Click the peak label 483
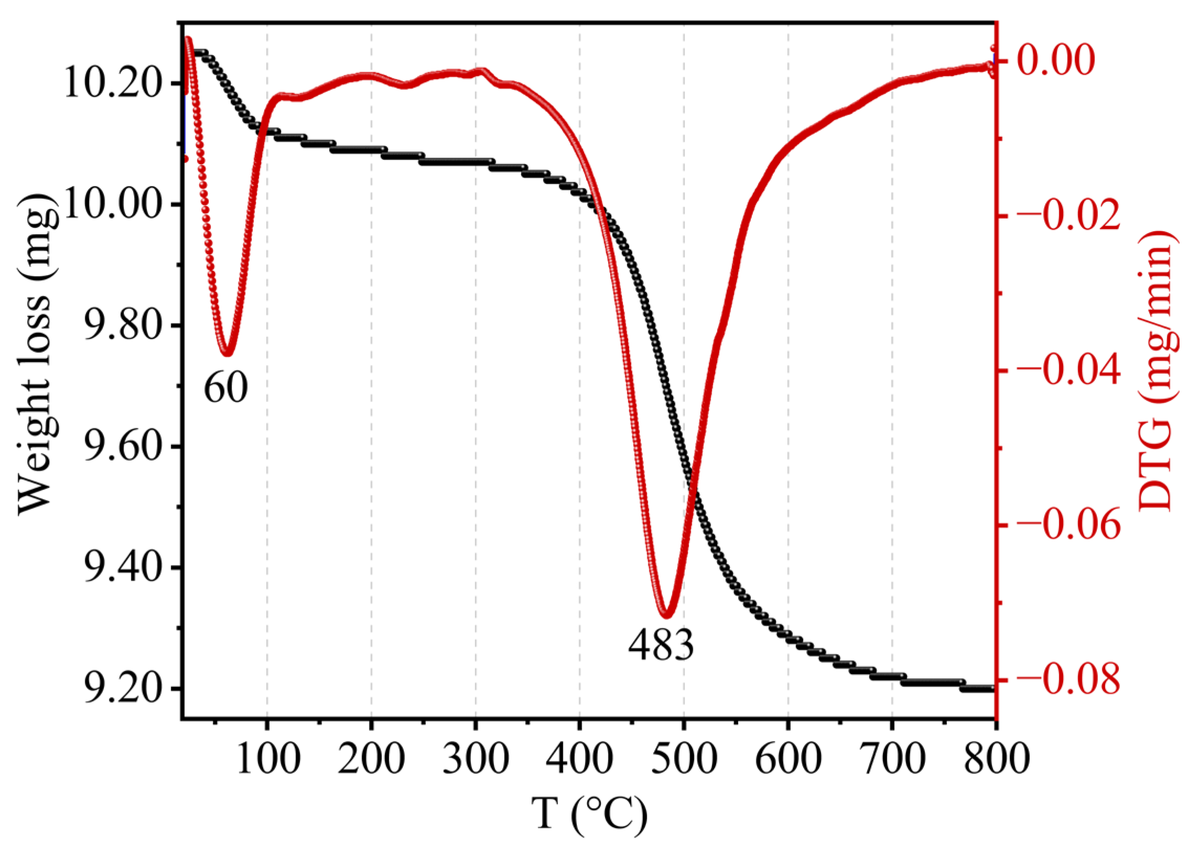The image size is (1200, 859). point(661,646)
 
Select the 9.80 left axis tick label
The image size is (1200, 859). point(122,325)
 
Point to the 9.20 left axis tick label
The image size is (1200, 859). point(122,688)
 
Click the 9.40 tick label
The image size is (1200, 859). point(122,568)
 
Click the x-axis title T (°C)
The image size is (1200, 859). point(589,815)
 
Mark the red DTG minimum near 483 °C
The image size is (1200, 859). point(667,615)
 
